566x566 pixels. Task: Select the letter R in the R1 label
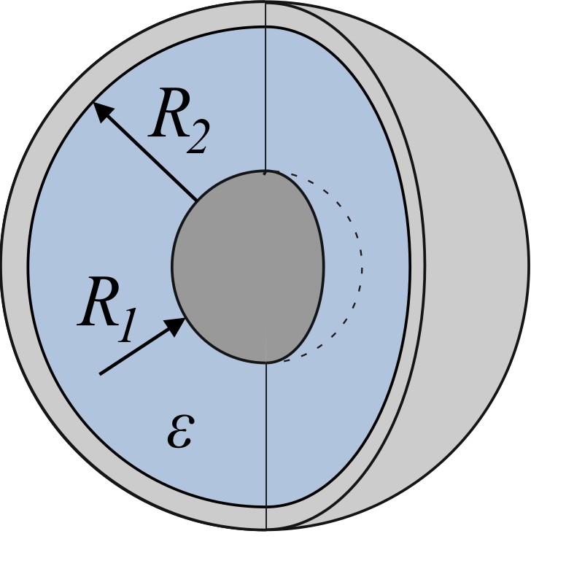click(x=98, y=301)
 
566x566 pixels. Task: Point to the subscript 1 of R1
click(x=127, y=325)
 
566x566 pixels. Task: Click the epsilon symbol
click(x=180, y=431)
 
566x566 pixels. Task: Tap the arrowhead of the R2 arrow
click(x=102, y=111)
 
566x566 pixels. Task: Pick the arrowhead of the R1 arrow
click(x=176, y=325)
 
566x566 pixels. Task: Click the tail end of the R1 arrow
click(x=100, y=374)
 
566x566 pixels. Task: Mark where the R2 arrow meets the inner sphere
click(x=196, y=200)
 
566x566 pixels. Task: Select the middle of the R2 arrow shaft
click(x=144, y=151)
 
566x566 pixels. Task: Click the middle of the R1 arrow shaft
click(x=142, y=346)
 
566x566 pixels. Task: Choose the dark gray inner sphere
click(x=248, y=266)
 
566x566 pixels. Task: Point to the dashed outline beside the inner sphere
click(x=361, y=267)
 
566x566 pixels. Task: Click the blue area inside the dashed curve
click(x=342, y=267)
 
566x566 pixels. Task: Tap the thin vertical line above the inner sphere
click(x=265, y=98)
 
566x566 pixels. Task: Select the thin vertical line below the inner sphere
click(x=266, y=446)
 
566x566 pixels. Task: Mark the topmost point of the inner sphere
click(x=265, y=170)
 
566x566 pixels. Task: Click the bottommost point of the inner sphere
click(x=266, y=363)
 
